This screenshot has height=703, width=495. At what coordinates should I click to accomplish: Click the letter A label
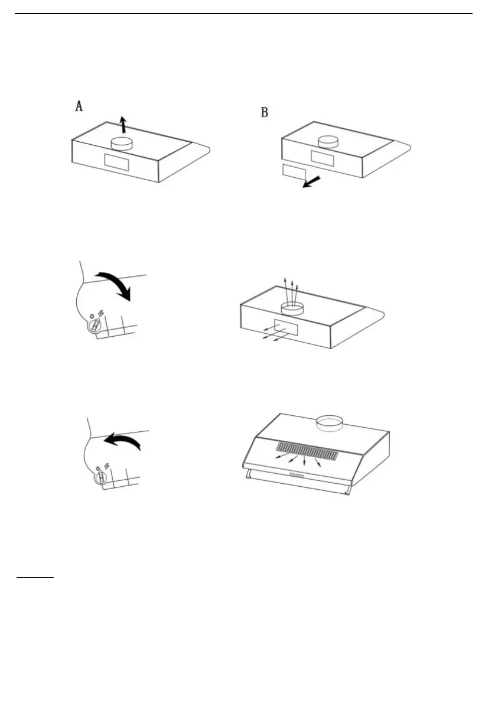(x=78, y=106)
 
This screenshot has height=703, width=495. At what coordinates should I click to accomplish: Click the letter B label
(x=265, y=112)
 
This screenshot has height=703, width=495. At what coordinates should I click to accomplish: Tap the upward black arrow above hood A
(x=122, y=125)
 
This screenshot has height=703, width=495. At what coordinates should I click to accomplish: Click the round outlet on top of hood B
(x=328, y=142)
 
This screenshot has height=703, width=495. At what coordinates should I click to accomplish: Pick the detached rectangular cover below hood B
(x=294, y=173)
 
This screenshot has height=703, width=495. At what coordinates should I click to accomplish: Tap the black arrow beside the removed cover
(x=311, y=182)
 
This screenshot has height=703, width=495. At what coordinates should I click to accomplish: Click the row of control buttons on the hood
(x=296, y=475)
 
